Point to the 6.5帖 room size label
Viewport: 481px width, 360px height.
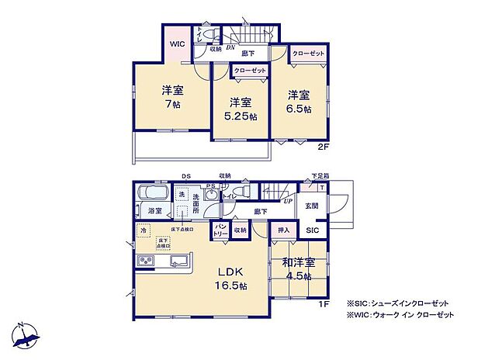pos(299,109)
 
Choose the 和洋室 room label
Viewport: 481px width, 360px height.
pos(298,263)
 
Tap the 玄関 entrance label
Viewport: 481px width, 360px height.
pos(311,205)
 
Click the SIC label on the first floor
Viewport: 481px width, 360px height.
pos(311,230)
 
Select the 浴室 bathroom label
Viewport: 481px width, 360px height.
pos(154,210)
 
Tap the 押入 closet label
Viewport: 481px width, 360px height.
pos(283,230)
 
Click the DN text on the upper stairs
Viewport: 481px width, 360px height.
pos(230,47)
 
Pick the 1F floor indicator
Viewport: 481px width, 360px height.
pos(325,303)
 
